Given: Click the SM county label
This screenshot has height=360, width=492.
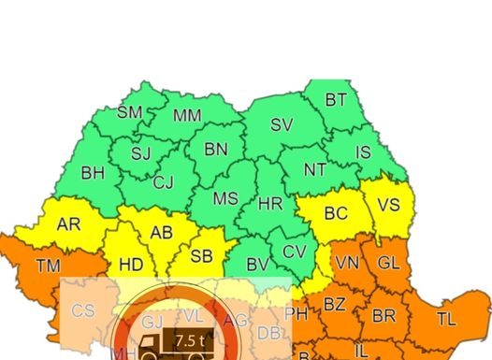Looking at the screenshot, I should pos(129,112).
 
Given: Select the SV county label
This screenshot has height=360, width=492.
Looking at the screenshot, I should pos(281,124).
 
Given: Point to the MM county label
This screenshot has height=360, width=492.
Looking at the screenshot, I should pos(187,116).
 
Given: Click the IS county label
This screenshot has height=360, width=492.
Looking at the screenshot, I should pos(363,152).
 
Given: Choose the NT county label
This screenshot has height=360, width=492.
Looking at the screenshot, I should pos(315,170).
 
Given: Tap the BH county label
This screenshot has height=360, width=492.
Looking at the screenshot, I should pos(93,173).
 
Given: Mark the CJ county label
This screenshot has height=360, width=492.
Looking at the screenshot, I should pos(163,182).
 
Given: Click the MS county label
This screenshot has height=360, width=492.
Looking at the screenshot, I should pos(225,199).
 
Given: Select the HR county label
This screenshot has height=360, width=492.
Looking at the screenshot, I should pos(269,203).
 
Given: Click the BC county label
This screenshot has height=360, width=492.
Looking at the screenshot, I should pos(336,213).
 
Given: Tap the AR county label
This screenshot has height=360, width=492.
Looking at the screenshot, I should pos(68,224).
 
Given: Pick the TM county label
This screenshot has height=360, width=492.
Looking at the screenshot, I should pos(48,266).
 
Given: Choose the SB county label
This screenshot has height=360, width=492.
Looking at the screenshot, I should pos(201,256).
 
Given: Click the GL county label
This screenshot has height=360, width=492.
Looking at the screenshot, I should pos(388,263).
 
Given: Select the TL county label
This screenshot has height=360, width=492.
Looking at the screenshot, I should pos(446,319).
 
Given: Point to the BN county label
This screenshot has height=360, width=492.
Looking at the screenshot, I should pos(215,150).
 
